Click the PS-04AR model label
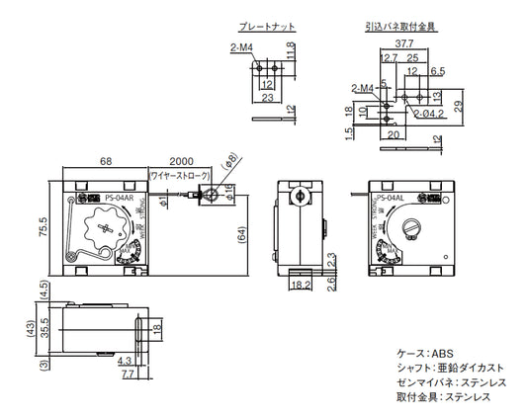point(118,198)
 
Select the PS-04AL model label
point(388,199)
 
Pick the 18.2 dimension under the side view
point(303,287)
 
